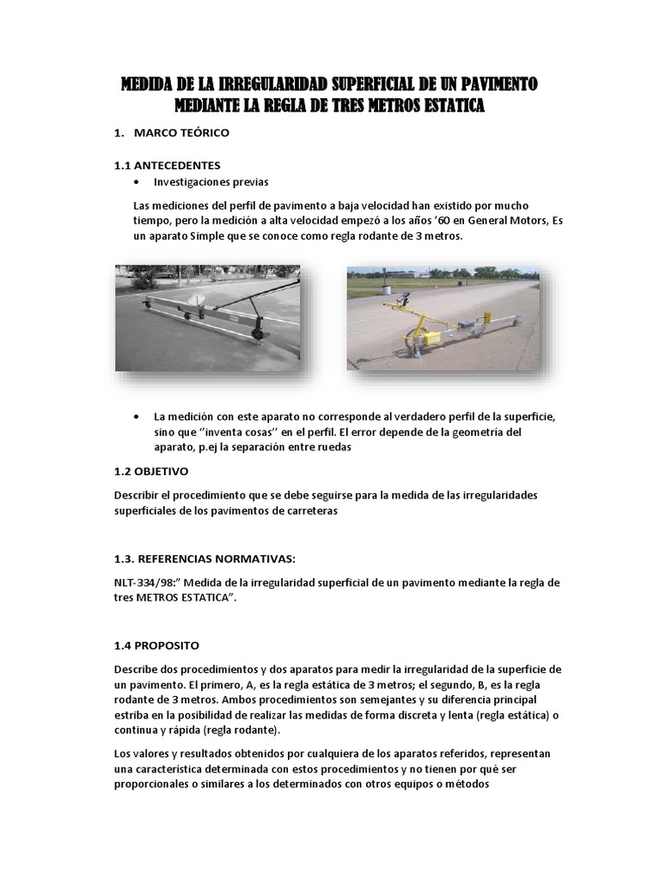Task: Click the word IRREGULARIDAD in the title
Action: (257, 84)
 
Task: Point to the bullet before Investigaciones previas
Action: (138, 182)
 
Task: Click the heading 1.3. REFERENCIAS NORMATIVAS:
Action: (205, 559)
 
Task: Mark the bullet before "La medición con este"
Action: (138, 416)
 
